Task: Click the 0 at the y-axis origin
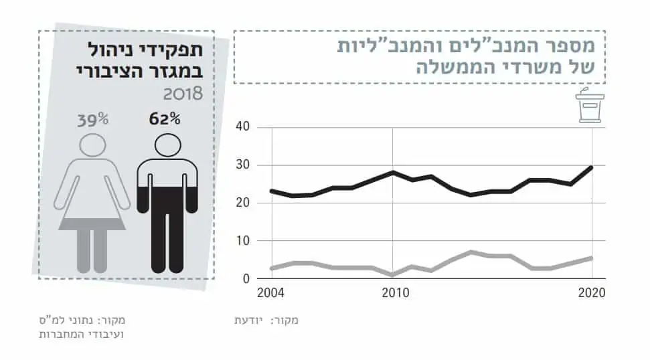[x=245, y=278]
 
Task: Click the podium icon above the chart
[x=590, y=108]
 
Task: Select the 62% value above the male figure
[x=165, y=120]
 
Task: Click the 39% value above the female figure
[x=92, y=120]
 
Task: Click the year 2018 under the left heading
[x=182, y=92]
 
